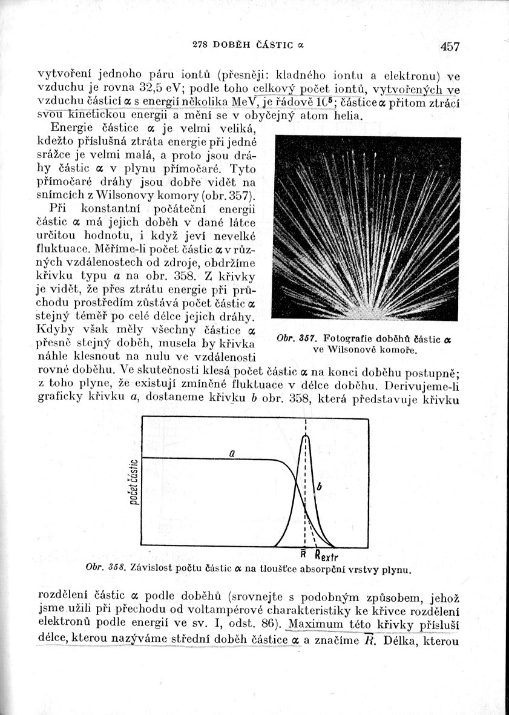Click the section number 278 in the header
200,44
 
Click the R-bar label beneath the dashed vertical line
303,553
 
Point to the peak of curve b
306,436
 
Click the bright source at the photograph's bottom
363,314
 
